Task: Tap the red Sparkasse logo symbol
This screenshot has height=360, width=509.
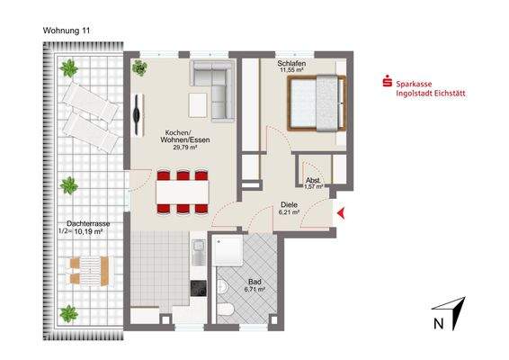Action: (x=388, y=83)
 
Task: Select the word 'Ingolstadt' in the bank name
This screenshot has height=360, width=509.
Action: (x=417, y=93)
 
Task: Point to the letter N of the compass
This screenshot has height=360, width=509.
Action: (x=438, y=322)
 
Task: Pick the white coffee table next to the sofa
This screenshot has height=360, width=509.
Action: (x=198, y=104)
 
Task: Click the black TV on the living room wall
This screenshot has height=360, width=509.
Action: (x=136, y=113)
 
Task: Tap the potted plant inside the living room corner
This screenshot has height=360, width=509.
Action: (x=141, y=68)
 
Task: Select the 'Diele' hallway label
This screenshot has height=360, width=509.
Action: (x=289, y=204)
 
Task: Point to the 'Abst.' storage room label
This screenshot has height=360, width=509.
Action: (x=314, y=179)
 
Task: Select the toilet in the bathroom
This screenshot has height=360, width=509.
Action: (x=229, y=310)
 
